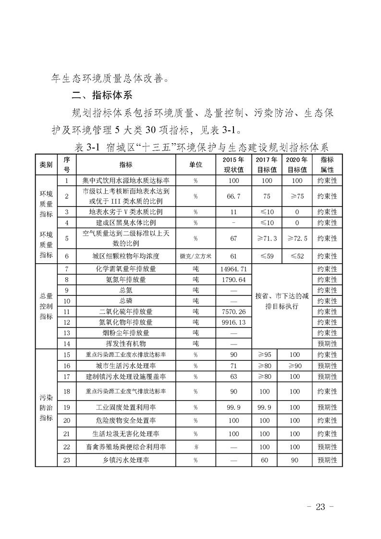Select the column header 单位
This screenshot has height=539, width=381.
196,164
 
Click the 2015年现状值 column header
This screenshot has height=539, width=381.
234,164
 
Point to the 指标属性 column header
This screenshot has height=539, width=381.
327,164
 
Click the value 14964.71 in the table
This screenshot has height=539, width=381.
234,269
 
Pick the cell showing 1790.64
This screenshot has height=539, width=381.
234,280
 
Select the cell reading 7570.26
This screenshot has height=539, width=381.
234,312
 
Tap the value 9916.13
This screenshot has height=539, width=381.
234,322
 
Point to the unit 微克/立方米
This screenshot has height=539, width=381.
196,256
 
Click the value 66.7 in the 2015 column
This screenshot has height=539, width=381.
234,196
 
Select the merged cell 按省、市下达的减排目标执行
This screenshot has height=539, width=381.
281,301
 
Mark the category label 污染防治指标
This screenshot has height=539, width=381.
46,408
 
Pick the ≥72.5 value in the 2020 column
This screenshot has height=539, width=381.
297,238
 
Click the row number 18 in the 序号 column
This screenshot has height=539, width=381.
67,392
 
